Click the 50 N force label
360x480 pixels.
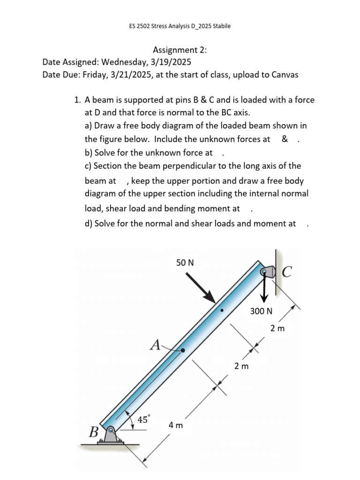(x=185, y=263)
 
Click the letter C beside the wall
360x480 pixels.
(x=287, y=271)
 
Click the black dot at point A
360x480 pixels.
(x=183, y=350)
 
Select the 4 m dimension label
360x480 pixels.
(x=176, y=425)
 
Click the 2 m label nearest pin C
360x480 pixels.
(x=277, y=328)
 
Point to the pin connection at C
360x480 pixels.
(x=267, y=271)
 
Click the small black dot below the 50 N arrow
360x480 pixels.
(x=222, y=310)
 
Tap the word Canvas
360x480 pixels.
(x=283, y=75)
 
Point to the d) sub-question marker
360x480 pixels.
(x=89, y=223)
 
